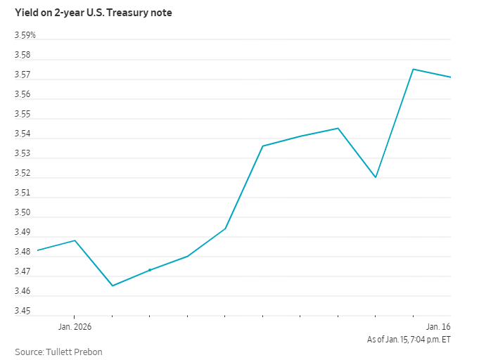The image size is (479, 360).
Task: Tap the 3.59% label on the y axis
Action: pyautogui.click(x=25, y=36)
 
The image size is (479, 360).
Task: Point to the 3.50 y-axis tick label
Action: pyautogui.click(x=23, y=213)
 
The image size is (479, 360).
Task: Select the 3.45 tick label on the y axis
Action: pyautogui.click(x=23, y=311)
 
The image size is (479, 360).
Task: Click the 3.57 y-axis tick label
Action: pyautogui.click(x=23, y=75)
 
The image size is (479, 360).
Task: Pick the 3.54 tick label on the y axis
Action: pyautogui.click(x=23, y=134)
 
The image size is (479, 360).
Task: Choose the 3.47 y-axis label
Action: pyautogui.click(x=23, y=272)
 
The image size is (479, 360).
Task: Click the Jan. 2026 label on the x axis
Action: pyautogui.click(x=75, y=327)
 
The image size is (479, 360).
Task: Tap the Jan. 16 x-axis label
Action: pyautogui.click(x=438, y=327)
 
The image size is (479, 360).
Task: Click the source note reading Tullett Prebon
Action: pyautogui.click(x=59, y=352)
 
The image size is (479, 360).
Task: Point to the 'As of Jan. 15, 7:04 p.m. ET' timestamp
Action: pyautogui.click(x=409, y=340)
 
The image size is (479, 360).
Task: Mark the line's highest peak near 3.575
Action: pyautogui.click(x=413, y=69)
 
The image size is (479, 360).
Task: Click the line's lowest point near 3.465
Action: pyautogui.click(x=113, y=285)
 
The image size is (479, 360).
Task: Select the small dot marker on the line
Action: pyautogui.click(x=150, y=270)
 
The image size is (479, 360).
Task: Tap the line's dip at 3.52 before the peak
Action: pyautogui.click(x=376, y=177)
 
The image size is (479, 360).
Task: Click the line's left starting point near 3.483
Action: pyautogui.click(x=37, y=250)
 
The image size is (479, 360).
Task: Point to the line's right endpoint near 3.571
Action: pyautogui.click(x=450, y=77)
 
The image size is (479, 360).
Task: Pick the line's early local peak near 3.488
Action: pyautogui.click(x=75, y=240)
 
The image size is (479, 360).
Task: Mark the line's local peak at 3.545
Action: pyautogui.click(x=338, y=128)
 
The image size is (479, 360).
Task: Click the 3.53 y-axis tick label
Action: pyautogui.click(x=23, y=154)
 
